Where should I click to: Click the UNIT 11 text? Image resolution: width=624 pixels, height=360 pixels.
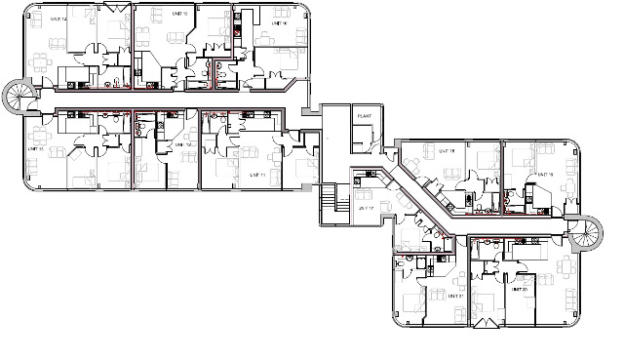tap(258, 174)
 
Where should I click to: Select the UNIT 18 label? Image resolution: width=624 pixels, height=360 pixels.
tap(448, 151)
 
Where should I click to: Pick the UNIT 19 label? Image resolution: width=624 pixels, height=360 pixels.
tap(543, 175)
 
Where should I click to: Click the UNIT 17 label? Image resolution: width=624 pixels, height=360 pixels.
tap(368, 208)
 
